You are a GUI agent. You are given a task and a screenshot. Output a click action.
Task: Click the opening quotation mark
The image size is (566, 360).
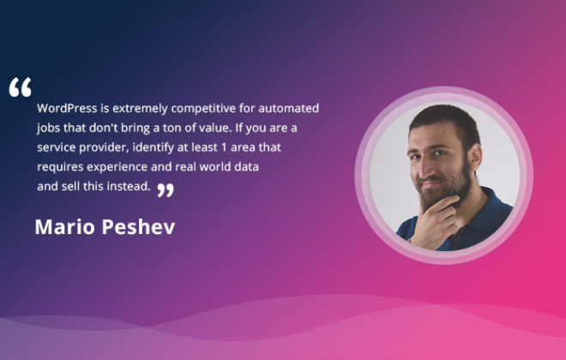[21, 87]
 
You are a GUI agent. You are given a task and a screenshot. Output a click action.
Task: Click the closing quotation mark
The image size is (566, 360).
[166, 190]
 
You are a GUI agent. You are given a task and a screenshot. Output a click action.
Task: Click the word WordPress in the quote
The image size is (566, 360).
[67, 108]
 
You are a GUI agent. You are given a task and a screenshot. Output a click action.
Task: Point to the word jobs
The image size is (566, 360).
[48, 128]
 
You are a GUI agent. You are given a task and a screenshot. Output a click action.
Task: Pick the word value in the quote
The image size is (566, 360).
[214, 128]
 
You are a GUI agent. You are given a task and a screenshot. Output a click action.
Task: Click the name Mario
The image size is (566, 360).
[65, 227]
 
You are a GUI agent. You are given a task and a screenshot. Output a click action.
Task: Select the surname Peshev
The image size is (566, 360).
[138, 227]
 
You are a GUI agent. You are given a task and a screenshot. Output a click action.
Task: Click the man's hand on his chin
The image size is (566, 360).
[435, 222]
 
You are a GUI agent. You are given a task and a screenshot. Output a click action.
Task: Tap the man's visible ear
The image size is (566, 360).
[475, 156]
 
